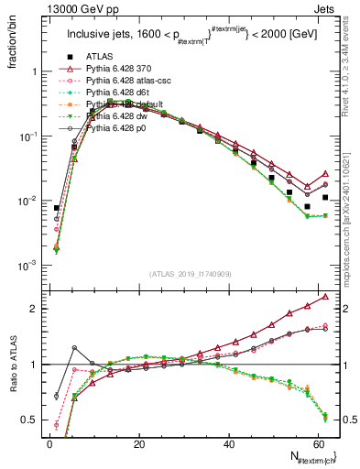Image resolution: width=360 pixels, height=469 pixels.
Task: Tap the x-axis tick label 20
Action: pos(138,443)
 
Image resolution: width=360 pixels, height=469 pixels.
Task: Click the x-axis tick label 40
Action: pos(228,443)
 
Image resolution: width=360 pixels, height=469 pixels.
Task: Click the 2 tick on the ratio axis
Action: pos(38,309)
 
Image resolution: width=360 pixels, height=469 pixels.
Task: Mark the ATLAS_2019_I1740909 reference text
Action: pos(190,275)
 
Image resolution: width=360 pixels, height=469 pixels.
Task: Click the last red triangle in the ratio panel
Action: pos(326,297)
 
